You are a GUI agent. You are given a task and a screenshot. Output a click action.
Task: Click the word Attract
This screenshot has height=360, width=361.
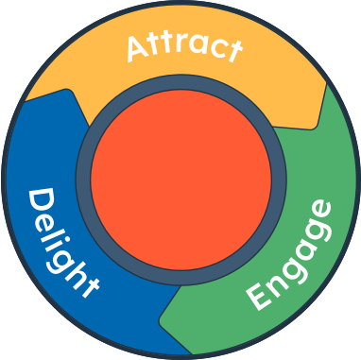pos(182,46)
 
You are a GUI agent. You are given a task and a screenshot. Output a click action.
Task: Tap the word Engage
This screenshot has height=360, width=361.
pos(290,255)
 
